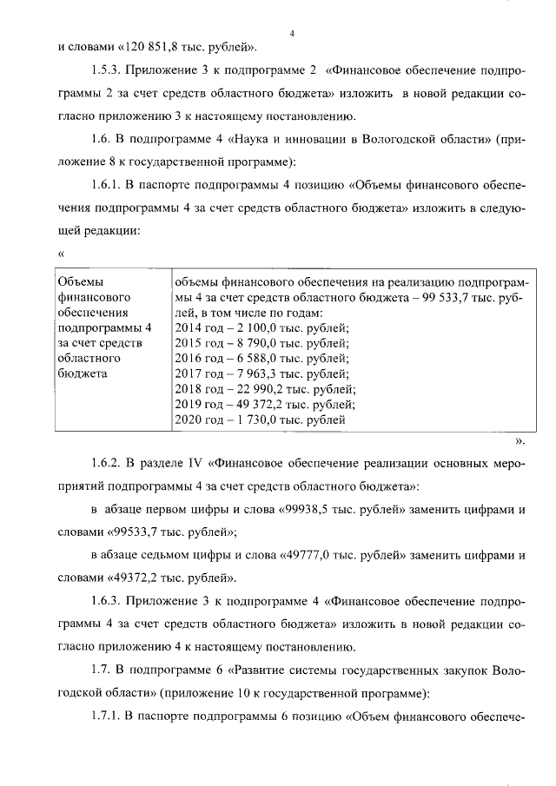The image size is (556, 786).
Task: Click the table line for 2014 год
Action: tap(261, 327)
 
